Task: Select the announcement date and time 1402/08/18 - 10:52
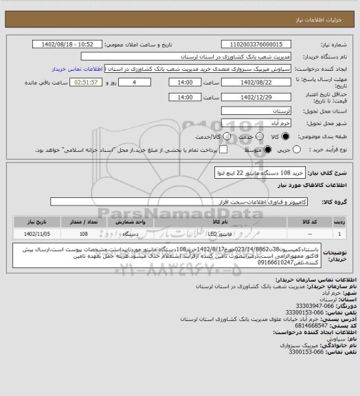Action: pos(72,45)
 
